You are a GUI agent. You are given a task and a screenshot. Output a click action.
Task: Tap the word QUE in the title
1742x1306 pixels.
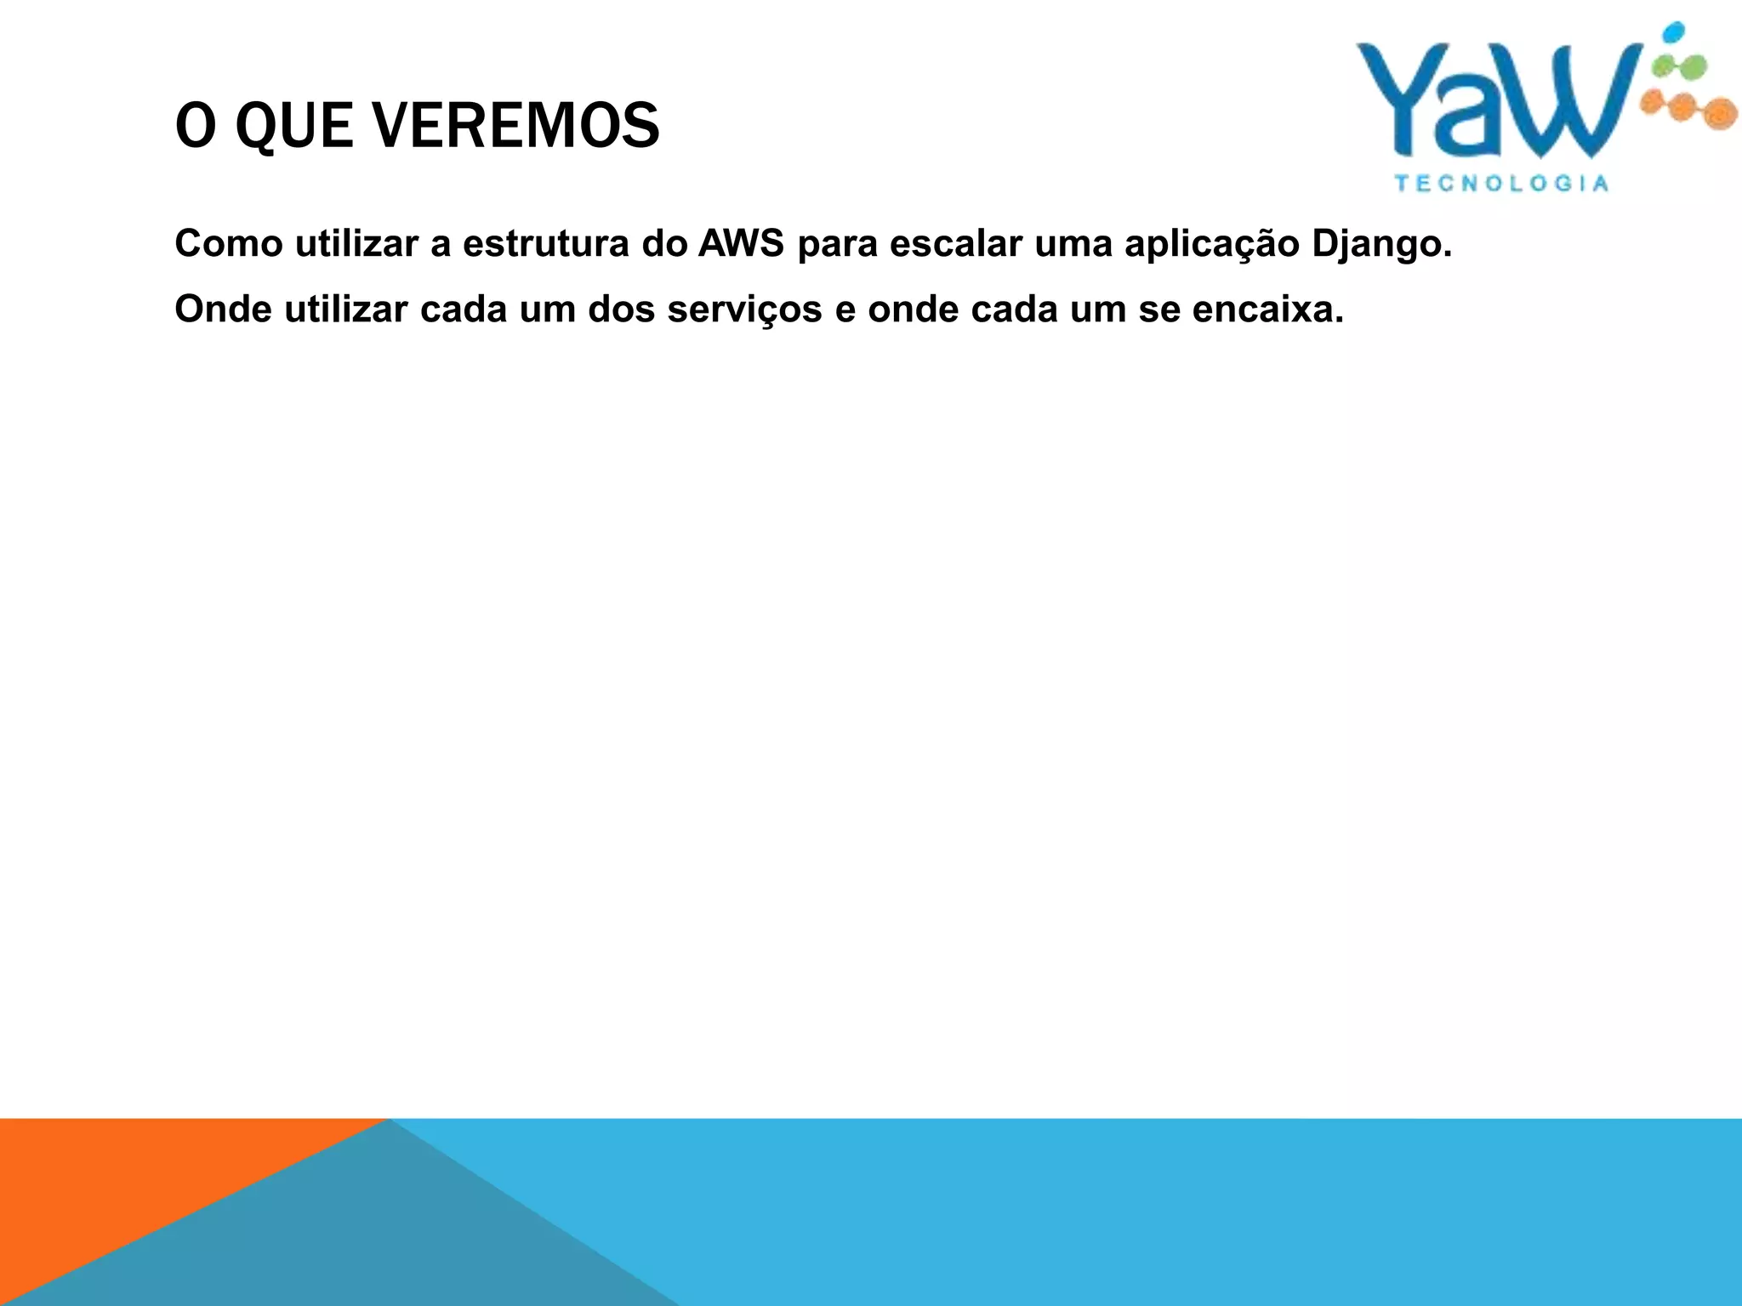pyautogui.click(x=293, y=126)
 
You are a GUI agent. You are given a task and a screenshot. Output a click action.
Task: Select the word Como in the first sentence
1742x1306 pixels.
pyautogui.click(x=228, y=244)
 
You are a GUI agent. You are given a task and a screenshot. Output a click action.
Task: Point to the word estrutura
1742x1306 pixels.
pyautogui.click(x=545, y=244)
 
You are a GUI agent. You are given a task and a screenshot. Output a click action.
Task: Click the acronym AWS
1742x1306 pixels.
pyautogui.click(x=741, y=244)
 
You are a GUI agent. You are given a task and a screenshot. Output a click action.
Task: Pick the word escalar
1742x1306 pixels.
pyautogui.click(x=955, y=244)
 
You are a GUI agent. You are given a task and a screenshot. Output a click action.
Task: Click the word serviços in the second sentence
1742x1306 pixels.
pyautogui.click(x=744, y=309)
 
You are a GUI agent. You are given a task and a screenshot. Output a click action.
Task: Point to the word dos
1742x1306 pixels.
pyautogui.click(x=621, y=309)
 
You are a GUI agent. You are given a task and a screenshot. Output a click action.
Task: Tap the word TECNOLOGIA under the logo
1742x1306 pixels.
pyautogui.click(x=1501, y=184)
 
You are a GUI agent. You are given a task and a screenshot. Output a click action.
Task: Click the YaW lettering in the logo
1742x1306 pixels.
pyautogui.click(x=1497, y=102)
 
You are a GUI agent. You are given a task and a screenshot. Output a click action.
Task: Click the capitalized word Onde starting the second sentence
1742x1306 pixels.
pyautogui.click(x=223, y=309)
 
